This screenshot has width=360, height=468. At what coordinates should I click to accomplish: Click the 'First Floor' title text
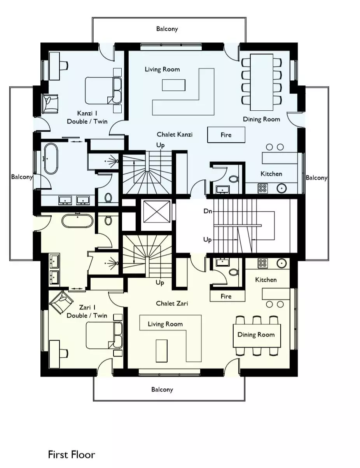72,454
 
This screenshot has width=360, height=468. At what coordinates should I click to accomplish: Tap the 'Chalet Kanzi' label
175,134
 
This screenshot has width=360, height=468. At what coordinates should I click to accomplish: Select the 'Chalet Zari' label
172,303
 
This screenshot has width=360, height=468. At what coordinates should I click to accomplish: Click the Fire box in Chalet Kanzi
226,135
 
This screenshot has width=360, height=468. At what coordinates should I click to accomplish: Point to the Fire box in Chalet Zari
227,296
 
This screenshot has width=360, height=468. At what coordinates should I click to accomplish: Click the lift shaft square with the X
157,211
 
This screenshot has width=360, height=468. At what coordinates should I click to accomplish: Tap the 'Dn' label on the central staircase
208,211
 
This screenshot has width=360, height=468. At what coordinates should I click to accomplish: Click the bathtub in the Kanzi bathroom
51,158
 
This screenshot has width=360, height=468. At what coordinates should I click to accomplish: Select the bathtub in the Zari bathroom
78,220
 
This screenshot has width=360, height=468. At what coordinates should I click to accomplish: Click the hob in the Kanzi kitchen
263,188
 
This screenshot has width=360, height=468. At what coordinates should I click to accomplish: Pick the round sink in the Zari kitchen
282,263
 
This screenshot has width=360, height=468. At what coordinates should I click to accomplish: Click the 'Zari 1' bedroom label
87,307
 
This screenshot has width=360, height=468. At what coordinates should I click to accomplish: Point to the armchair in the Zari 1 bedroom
60,301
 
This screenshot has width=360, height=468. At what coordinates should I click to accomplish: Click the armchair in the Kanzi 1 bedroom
50,103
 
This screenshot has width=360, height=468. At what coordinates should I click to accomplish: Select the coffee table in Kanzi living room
173,85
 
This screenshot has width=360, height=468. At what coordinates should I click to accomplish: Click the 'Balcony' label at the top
167,29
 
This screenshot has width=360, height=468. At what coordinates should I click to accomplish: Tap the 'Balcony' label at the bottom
162,390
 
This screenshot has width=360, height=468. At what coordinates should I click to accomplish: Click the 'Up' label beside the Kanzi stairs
161,145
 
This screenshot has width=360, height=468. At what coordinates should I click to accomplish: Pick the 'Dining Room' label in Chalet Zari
256,334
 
